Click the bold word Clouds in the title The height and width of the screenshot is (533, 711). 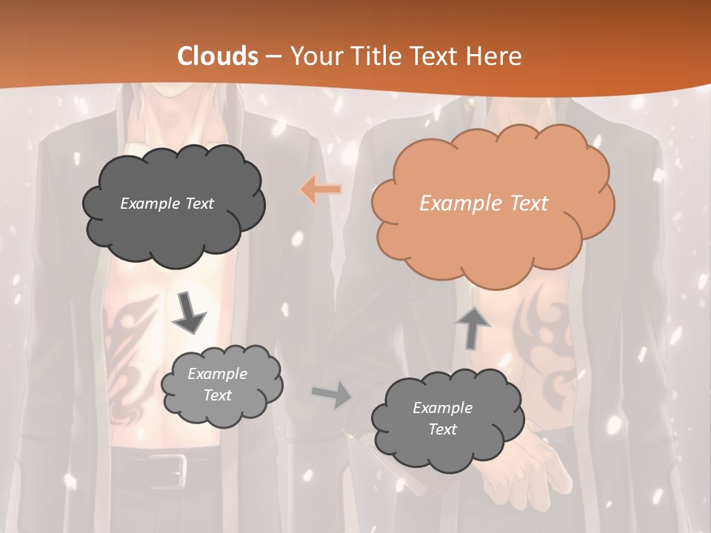pos(218,56)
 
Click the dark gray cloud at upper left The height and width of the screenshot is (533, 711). pos(173,204)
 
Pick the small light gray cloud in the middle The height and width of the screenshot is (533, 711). pos(221,386)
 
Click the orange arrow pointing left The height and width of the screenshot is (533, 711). pos(321,190)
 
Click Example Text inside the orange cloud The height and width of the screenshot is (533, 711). pos(484,204)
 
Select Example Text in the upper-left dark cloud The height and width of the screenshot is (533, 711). pos(167,204)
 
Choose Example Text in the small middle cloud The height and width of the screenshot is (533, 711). pos(217,385)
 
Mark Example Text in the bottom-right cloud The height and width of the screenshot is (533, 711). pos(442,418)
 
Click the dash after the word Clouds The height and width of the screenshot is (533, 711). pos(273,56)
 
